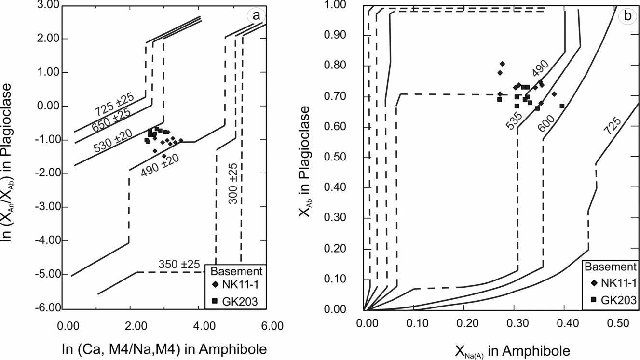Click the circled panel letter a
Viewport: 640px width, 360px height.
pyautogui.click(x=256, y=16)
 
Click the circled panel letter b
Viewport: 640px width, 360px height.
pyautogui.click(x=628, y=16)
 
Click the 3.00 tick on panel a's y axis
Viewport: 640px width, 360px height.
pyautogui.click(x=47, y=5)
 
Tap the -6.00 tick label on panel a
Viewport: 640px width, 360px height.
pyautogui.click(x=46, y=307)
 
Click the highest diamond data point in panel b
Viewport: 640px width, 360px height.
pyautogui.click(x=503, y=64)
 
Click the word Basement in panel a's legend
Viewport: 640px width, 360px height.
pyautogui.click(x=234, y=270)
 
